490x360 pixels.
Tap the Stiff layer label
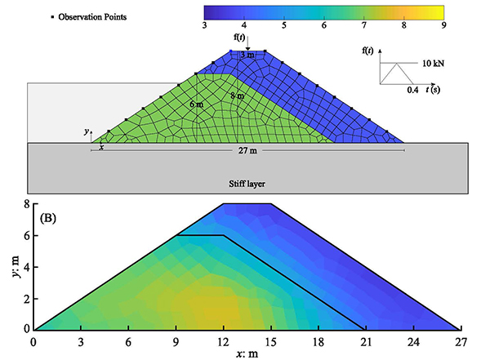[x=246, y=185]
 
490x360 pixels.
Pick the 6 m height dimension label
[x=196, y=105]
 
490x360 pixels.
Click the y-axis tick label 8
[x=25, y=203]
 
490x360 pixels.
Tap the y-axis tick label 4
[x=25, y=266]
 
